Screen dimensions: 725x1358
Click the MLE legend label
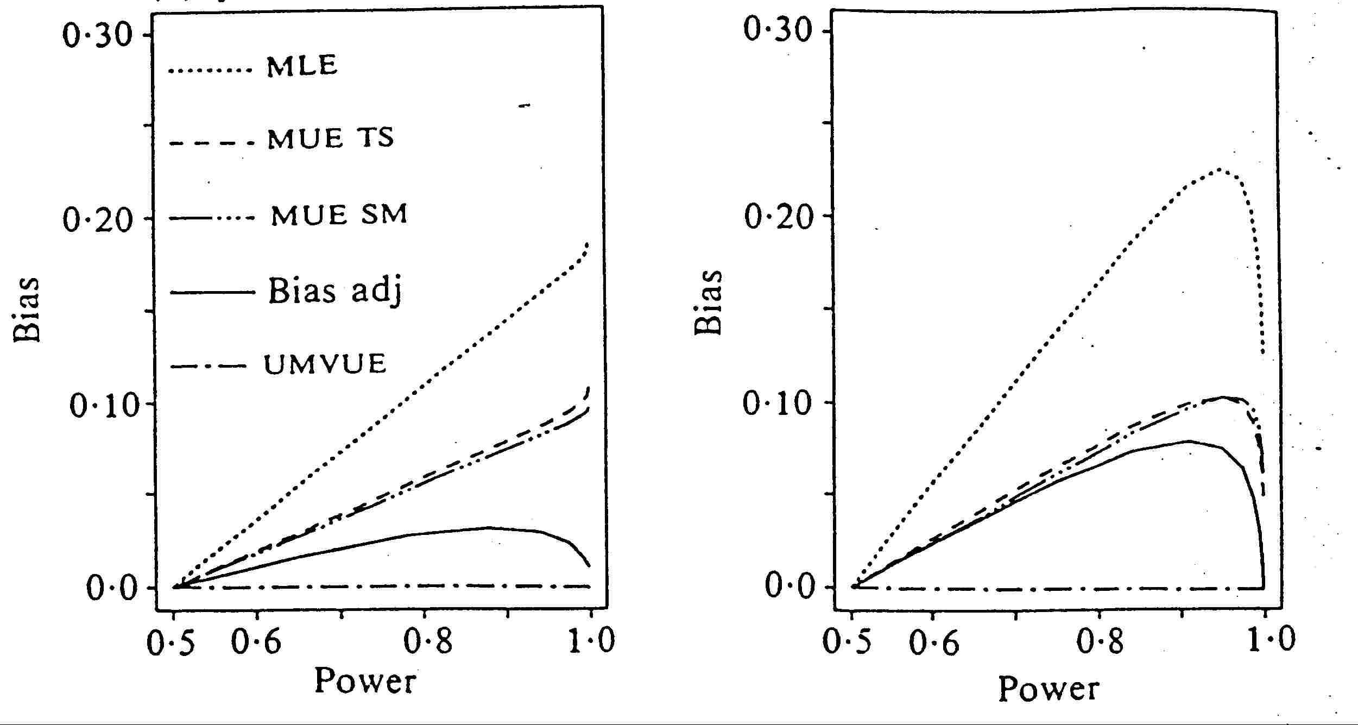point(302,66)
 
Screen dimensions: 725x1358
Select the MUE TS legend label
point(331,138)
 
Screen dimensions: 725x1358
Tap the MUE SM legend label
point(339,215)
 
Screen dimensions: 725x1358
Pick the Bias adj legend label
point(335,291)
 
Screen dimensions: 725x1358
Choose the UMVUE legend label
point(325,363)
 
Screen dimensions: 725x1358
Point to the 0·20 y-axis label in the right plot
point(779,216)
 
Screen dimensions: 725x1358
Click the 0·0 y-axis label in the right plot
point(790,586)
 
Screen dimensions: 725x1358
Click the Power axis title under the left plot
point(365,681)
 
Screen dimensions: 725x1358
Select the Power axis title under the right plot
point(1048,689)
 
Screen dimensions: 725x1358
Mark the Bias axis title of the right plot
point(709,302)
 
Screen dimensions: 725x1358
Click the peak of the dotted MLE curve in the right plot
point(1216,169)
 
